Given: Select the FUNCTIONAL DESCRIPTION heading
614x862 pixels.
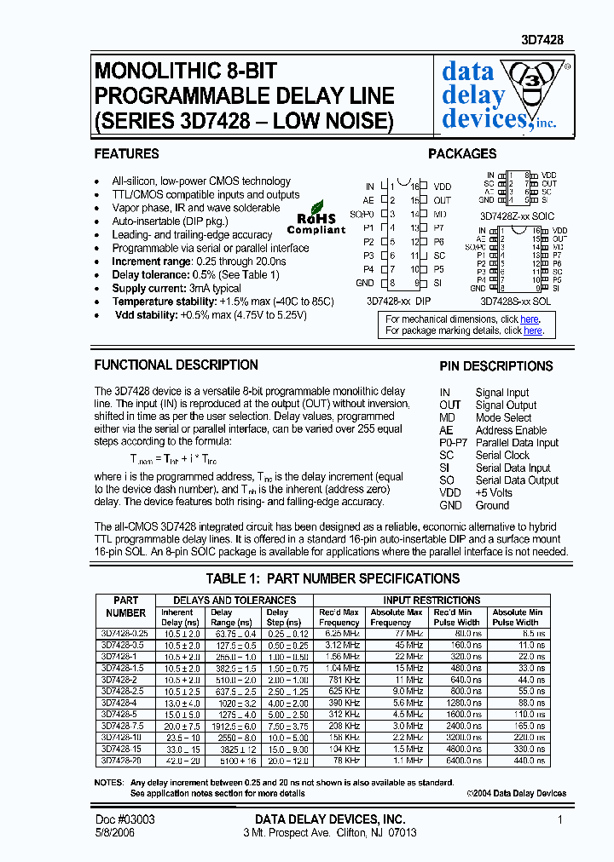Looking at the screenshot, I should point(176,365).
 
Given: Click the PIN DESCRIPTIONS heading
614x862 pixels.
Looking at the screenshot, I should point(496,366).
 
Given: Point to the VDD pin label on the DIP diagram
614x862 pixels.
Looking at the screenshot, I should point(442,187).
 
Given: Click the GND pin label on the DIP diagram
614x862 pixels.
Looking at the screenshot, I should point(364,283).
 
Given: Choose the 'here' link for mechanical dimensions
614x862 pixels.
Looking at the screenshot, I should point(530,319).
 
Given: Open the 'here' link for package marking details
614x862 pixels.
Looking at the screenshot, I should point(532,330).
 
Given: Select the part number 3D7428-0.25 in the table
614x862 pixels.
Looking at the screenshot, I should point(125,634).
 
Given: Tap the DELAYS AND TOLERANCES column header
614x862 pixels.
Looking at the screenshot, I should point(235,601).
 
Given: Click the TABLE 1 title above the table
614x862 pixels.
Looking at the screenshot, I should point(333,579).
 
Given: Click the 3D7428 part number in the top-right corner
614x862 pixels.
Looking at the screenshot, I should point(542,40).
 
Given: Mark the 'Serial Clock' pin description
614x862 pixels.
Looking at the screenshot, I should point(502,456).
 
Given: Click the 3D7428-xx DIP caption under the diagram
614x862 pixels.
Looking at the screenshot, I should point(398,301).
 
